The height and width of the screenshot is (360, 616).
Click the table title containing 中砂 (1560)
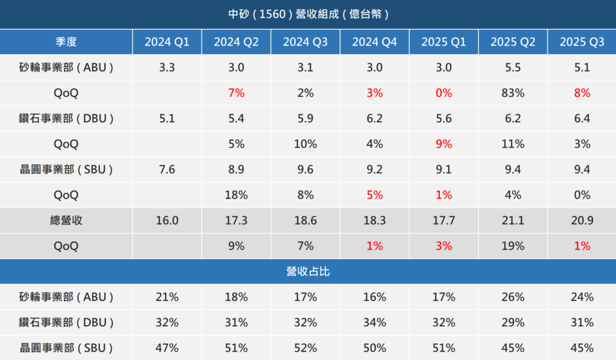(x=309, y=14)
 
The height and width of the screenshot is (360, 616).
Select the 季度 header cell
(x=66, y=42)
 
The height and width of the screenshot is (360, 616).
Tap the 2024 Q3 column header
(x=305, y=42)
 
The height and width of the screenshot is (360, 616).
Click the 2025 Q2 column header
(x=513, y=42)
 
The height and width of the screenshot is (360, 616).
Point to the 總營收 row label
(x=66, y=220)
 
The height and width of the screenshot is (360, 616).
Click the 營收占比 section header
(x=308, y=271)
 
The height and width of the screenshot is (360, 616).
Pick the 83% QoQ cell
(x=513, y=93)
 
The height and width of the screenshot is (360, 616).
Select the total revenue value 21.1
(x=513, y=220)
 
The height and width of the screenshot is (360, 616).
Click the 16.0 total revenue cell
(x=167, y=220)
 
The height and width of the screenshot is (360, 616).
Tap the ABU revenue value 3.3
(x=167, y=67)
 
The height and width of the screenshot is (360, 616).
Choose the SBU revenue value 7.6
(x=167, y=169)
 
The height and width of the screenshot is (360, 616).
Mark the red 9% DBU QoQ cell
(x=443, y=144)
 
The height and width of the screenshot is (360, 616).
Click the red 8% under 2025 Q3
(x=582, y=93)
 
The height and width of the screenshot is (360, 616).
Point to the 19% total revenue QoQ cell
(x=513, y=246)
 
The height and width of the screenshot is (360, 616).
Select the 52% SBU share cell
(x=305, y=348)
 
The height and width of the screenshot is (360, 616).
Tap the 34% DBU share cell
(x=374, y=322)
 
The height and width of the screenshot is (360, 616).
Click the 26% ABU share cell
(x=513, y=297)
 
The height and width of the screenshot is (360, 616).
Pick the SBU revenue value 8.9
(x=236, y=169)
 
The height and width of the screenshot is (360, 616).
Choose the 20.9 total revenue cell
(x=582, y=220)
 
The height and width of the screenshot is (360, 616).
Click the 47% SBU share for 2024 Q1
(x=167, y=348)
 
